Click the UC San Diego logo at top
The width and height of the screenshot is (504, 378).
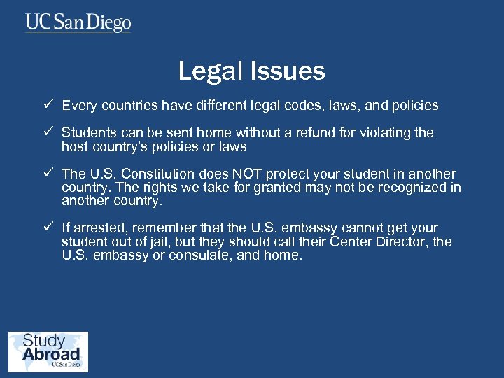(78, 22)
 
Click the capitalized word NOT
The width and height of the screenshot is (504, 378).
(242, 174)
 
